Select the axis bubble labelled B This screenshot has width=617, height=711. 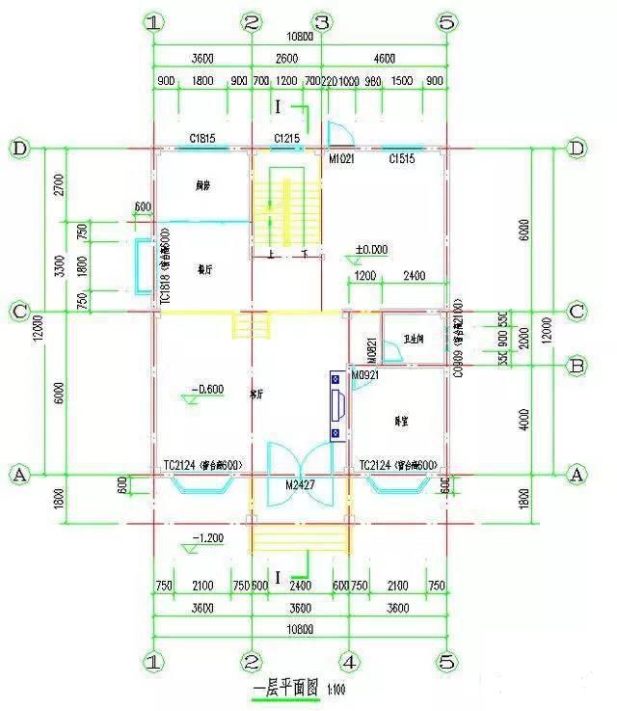[577, 367]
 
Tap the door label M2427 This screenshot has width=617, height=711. [300, 484]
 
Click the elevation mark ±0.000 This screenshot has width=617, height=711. [371, 249]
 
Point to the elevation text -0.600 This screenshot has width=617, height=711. [208, 390]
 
